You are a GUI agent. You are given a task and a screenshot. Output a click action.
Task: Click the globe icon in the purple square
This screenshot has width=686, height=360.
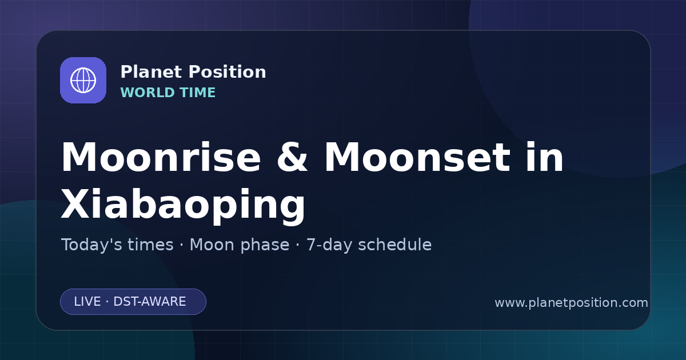83,80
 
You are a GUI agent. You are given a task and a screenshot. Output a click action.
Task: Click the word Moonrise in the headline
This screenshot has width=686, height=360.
161,157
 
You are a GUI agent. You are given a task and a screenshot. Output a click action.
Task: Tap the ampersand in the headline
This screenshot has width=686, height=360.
292,157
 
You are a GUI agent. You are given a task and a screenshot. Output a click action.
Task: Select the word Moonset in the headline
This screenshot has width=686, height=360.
417,157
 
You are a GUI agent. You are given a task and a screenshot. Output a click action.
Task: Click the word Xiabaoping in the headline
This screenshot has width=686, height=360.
183,204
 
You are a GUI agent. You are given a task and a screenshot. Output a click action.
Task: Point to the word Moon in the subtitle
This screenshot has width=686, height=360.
213,245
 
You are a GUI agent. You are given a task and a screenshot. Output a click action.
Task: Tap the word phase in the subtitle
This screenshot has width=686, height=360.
265,245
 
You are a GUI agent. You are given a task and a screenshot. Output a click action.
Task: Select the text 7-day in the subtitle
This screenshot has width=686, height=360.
329,245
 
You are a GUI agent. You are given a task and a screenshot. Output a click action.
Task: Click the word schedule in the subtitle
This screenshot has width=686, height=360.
395,245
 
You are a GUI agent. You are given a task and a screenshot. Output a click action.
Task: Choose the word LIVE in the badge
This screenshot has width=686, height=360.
87,302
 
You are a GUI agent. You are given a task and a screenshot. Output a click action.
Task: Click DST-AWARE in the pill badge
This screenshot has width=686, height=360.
149,302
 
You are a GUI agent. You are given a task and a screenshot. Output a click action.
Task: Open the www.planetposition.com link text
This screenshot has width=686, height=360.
571,303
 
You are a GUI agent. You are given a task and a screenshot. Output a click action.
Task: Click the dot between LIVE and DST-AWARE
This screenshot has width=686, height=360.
107,302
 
